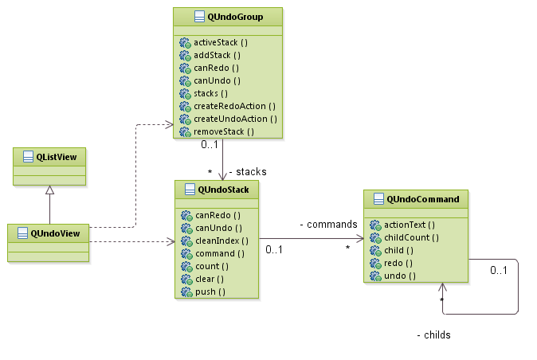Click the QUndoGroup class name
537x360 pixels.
234,17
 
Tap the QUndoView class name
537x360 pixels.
55,233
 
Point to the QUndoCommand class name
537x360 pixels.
422,199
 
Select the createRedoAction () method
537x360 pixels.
234,106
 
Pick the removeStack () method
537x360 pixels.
224,131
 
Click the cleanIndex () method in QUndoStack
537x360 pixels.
221,241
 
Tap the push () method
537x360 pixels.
210,292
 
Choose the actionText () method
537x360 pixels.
405,225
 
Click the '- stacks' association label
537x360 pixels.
247,171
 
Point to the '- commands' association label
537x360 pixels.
328,225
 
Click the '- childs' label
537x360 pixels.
433,335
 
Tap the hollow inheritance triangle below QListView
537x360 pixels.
49,190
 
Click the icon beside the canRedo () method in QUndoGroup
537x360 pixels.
186,68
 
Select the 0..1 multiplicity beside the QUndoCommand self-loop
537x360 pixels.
499,270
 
